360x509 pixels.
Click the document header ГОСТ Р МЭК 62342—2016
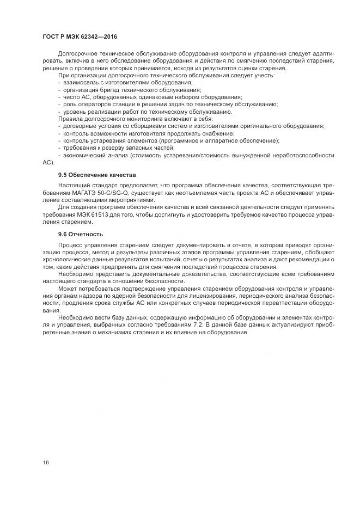[x=80, y=36]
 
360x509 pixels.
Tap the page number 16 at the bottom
[x=46, y=462]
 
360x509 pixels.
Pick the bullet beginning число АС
[x=152, y=97]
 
